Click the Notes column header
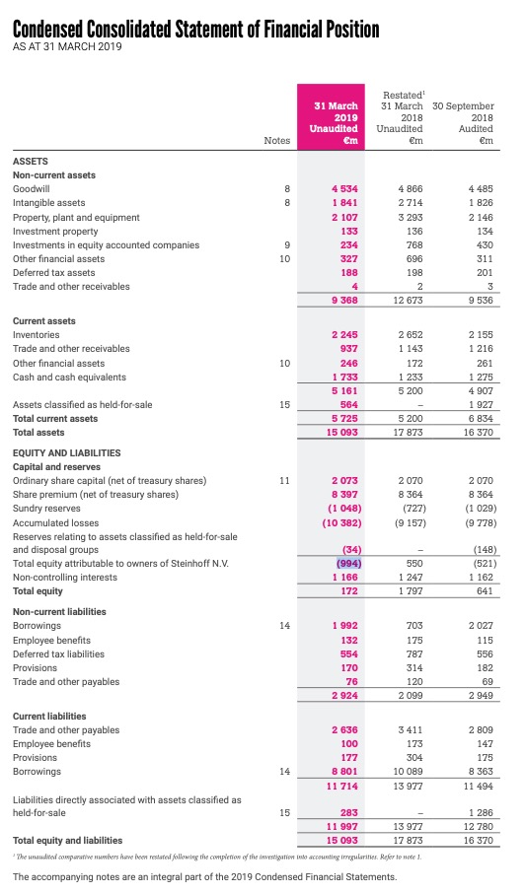277,141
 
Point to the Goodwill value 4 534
344,187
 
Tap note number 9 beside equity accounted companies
286,244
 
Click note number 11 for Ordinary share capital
284,480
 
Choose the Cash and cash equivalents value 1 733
344,377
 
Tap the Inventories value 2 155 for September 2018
480,334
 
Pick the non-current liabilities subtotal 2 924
344,695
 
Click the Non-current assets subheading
53,174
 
